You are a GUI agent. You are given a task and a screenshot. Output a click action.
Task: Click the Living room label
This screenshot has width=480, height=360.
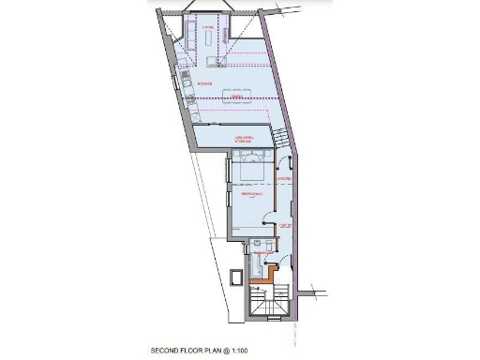point(208,27)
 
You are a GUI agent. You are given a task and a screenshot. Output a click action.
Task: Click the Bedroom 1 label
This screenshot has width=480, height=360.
point(251,195)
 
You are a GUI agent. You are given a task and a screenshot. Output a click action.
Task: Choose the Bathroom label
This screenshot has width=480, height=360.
point(263,252)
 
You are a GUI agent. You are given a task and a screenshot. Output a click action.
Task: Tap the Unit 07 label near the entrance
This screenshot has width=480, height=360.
point(287,226)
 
